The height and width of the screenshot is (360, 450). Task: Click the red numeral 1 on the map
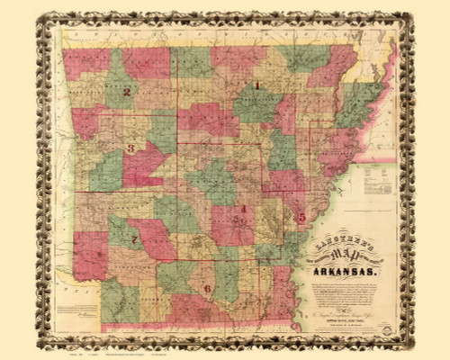[x=257, y=86]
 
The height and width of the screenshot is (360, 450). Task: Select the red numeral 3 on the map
[x=131, y=148]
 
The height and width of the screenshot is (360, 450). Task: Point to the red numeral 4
[x=243, y=210]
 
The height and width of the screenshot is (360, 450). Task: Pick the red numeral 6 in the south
[x=207, y=288]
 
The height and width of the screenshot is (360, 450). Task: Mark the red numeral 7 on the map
[x=134, y=239]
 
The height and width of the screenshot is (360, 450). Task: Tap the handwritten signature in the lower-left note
[x=85, y=315]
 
